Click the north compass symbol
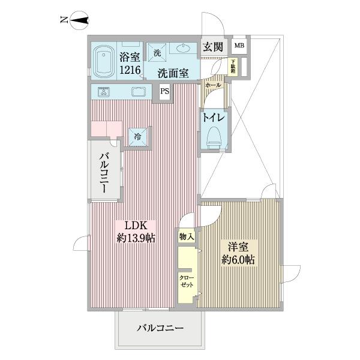[x=79, y=22]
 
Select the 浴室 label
[x=130, y=58]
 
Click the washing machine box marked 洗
[x=157, y=52]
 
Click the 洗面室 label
[x=173, y=74]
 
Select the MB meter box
[x=239, y=46]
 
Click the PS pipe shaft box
[x=164, y=92]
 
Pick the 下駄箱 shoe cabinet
[x=233, y=66]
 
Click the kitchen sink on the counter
[x=138, y=92]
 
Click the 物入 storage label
[x=186, y=237]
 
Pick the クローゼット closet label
[x=186, y=281]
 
